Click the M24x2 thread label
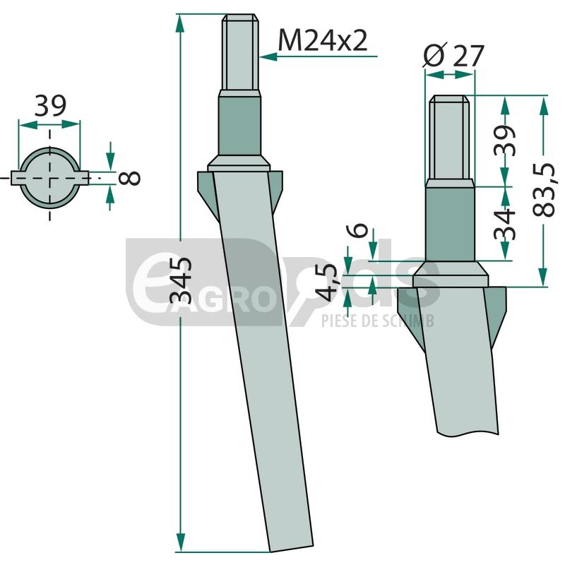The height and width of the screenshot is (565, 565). coord(323,40)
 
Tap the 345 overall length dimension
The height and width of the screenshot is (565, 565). coord(181,280)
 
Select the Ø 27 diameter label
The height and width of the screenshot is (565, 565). coord(453,55)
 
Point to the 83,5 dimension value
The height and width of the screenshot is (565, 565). coord(543,190)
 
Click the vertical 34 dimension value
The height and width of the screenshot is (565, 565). coord(504,224)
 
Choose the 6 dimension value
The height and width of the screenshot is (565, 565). coord(357,231)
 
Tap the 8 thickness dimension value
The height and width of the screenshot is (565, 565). coord(129,179)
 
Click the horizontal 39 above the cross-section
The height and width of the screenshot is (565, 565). coord(50,105)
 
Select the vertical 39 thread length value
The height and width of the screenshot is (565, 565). coord(504,140)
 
